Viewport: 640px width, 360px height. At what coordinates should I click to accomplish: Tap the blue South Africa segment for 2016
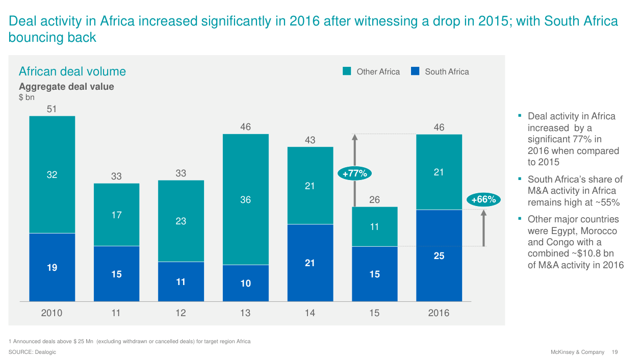tap(439, 255)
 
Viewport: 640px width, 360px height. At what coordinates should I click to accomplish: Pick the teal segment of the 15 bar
tap(374, 226)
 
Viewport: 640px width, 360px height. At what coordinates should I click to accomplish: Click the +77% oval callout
tap(355, 173)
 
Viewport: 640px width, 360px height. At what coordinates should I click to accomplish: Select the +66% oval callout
tap(483, 199)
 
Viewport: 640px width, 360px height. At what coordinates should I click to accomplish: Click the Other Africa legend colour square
tap(347, 71)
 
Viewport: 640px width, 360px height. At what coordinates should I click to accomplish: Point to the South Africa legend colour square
tap(415, 71)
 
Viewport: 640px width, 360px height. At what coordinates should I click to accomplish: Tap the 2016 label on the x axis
tap(439, 313)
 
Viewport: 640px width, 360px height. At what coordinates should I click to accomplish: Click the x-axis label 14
tap(310, 313)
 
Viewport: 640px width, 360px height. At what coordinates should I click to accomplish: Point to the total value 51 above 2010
tap(52, 109)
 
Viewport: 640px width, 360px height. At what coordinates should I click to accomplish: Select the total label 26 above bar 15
tap(374, 199)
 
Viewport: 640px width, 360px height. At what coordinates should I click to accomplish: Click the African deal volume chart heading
tap(72, 71)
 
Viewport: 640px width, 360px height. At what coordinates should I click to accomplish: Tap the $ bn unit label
tap(27, 97)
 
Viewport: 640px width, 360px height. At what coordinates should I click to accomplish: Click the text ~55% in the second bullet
tap(607, 202)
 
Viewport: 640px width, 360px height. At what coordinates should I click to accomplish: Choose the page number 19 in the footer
tap(615, 352)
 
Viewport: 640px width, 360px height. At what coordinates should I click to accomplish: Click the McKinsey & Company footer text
tap(577, 352)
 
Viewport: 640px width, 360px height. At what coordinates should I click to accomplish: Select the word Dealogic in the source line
tap(46, 352)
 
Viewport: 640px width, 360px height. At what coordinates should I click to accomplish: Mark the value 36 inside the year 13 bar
tap(245, 200)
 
